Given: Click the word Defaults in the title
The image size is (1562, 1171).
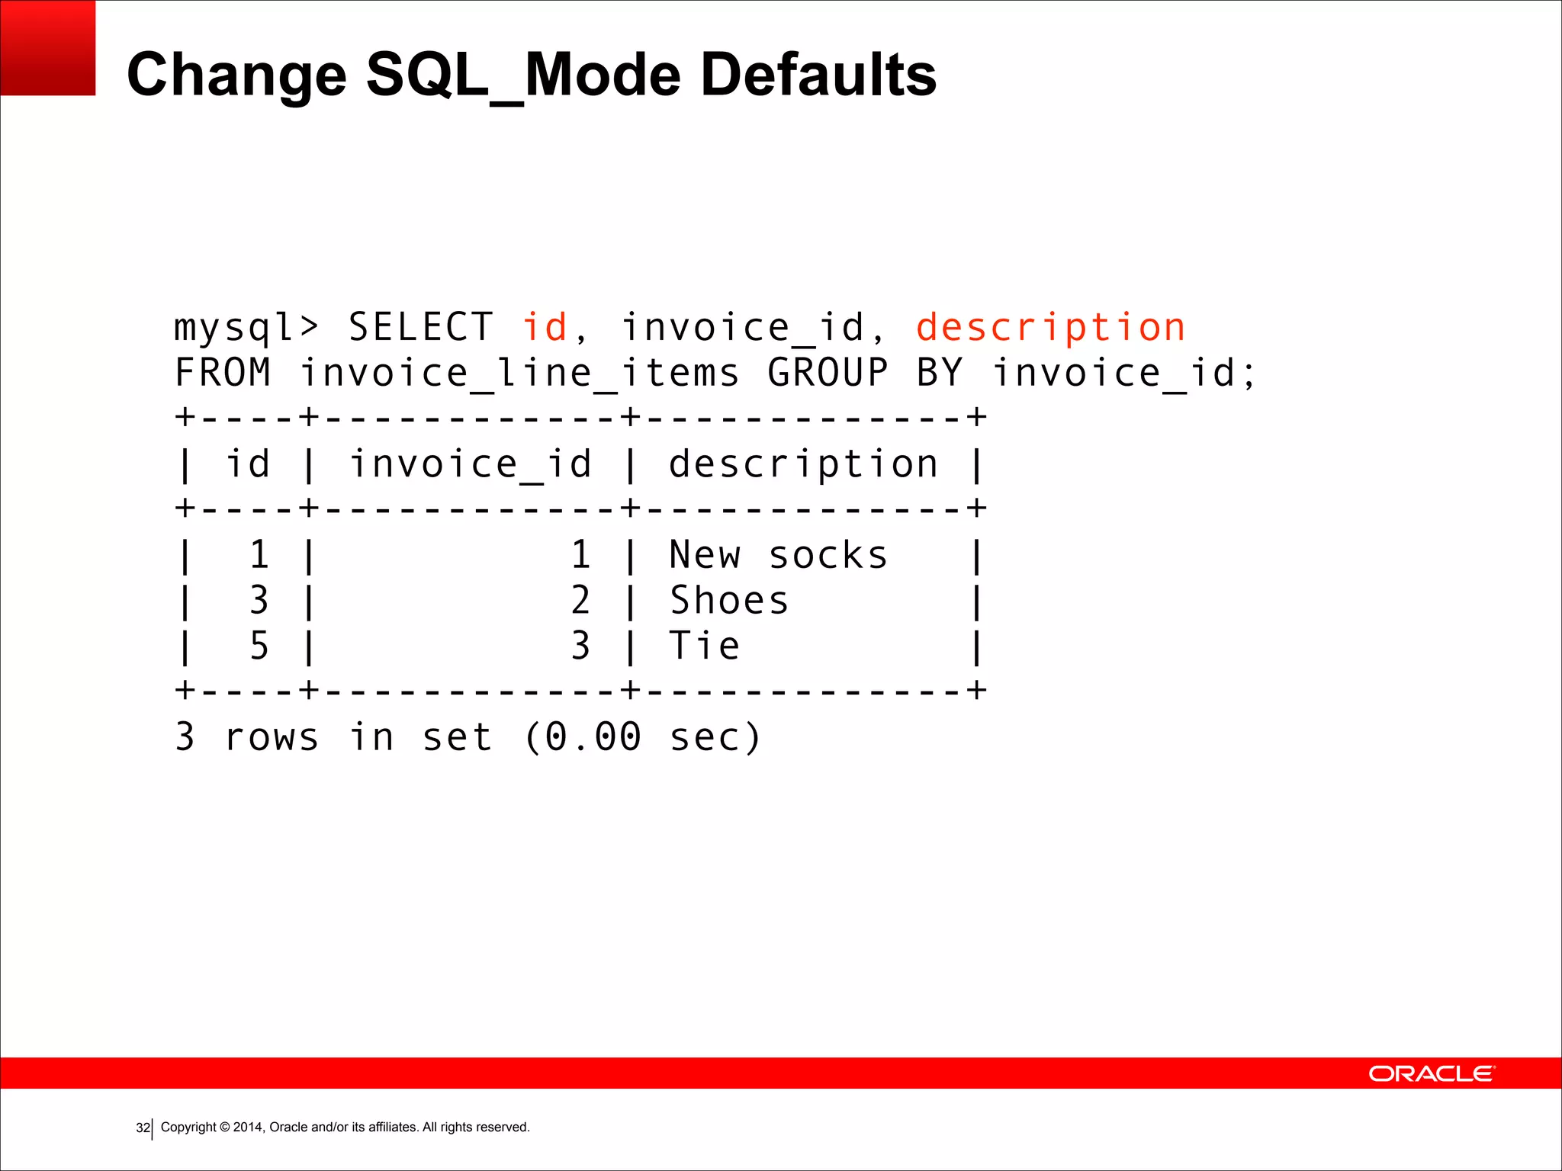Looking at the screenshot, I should (818, 75).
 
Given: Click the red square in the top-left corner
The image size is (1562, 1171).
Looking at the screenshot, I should (47, 47).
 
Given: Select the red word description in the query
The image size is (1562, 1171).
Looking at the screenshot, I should (1050, 329).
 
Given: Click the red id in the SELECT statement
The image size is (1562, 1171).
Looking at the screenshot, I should (545, 329).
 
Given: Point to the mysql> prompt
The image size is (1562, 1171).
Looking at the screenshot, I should (246, 329).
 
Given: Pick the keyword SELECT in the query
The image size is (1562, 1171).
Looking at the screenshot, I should (420, 329).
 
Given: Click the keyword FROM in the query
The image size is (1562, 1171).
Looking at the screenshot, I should (223, 374).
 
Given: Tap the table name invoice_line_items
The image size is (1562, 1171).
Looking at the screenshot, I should (519, 374).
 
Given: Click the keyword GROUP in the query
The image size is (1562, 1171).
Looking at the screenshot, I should (828, 374).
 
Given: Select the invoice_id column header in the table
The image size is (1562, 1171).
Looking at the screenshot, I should (471, 464).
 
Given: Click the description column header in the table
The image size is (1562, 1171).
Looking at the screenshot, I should (803, 464).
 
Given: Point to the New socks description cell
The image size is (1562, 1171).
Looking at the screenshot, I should (778, 555).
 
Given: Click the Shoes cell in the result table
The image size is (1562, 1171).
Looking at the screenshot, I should (728, 601).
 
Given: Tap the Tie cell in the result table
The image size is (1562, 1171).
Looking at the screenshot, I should (704, 646).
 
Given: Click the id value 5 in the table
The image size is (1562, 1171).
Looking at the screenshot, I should (259, 646).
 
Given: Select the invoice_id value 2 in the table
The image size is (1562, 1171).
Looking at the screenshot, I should (580, 601).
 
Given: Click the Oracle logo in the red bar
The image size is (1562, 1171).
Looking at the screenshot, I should (1432, 1073).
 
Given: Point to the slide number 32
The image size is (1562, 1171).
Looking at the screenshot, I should (143, 1128).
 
